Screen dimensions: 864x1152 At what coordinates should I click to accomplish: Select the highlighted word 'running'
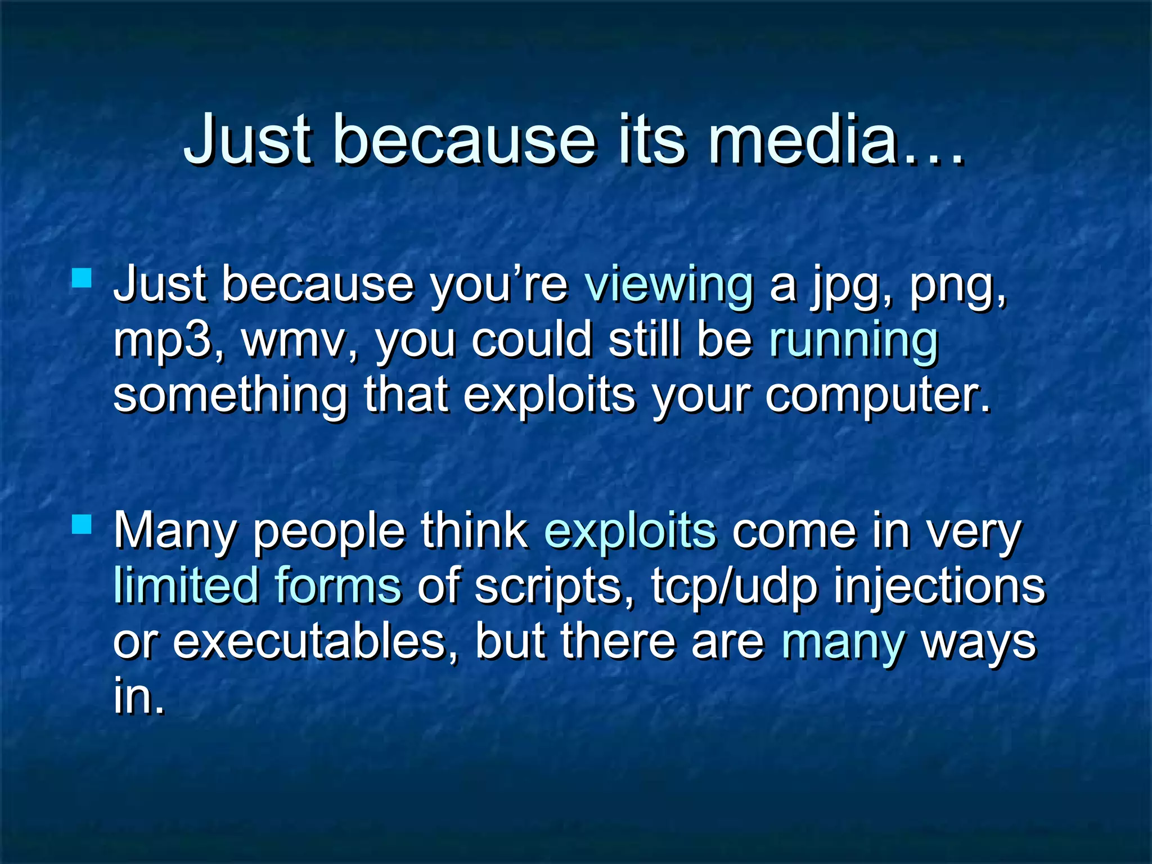pos(853,340)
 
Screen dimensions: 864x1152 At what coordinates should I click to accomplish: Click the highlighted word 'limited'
pos(186,586)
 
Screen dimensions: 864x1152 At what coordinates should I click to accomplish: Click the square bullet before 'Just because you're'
pos(82,278)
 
